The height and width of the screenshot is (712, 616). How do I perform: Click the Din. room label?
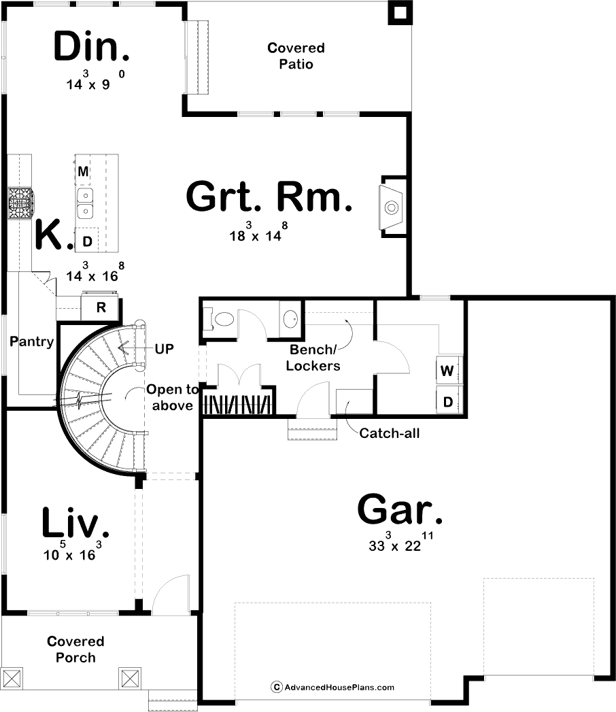click(x=92, y=46)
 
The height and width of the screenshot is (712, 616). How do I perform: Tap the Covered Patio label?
click(x=296, y=56)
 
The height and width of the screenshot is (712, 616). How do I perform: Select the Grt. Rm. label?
click(x=269, y=197)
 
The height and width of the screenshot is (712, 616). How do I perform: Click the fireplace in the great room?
click(x=392, y=207)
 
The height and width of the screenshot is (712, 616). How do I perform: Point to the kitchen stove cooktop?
click(x=20, y=203)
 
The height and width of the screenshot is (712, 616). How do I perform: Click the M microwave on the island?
click(x=83, y=171)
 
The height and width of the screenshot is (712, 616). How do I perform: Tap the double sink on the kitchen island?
click(x=85, y=203)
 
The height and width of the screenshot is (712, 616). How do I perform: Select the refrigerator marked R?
click(x=101, y=307)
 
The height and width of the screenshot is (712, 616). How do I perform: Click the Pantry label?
click(x=32, y=341)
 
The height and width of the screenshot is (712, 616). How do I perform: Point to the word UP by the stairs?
click(x=165, y=349)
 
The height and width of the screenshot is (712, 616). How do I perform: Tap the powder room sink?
click(x=290, y=319)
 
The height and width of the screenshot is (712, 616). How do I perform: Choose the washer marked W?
click(x=448, y=371)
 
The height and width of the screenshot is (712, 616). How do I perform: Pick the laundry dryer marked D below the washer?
click(x=448, y=401)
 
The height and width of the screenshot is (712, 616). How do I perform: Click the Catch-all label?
click(x=390, y=433)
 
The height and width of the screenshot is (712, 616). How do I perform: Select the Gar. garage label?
click(x=400, y=509)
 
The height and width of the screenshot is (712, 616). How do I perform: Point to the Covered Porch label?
click(x=75, y=649)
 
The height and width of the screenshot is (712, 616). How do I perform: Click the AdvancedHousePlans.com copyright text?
click(x=332, y=687)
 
